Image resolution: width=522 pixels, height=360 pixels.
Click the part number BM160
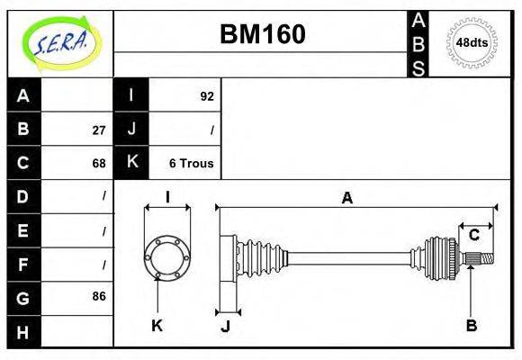(x=263, y=34)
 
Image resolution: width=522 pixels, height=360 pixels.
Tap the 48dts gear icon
(x=472, y=42)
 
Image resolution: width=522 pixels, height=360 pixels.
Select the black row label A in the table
(x=23, y=95)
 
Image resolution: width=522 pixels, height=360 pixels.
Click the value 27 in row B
(x=98, y=130)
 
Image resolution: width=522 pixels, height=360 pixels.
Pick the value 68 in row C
(x=98, y=164)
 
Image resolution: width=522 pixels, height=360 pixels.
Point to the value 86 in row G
(x=98, y=297)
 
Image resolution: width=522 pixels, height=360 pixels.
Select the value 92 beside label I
(x=206, y=96)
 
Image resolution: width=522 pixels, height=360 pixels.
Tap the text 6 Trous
(x=191, y=164)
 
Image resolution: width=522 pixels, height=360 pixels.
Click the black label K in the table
(x=131, y=163)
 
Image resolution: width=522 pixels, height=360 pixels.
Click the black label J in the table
(x=131, y=130)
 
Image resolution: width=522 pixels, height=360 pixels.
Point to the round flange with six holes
(x=167, y=256)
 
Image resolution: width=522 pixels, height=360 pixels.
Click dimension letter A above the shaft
(x=346, y=199)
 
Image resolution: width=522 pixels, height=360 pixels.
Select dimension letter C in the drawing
(x=473, y=236)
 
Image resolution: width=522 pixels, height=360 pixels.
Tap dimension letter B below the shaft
(x=471, y=326)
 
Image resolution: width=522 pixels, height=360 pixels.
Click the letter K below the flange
(x=157, y=326)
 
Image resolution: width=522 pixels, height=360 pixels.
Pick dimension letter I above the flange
(x=167, y=198)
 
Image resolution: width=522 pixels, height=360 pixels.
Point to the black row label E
(x=23, y=230)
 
